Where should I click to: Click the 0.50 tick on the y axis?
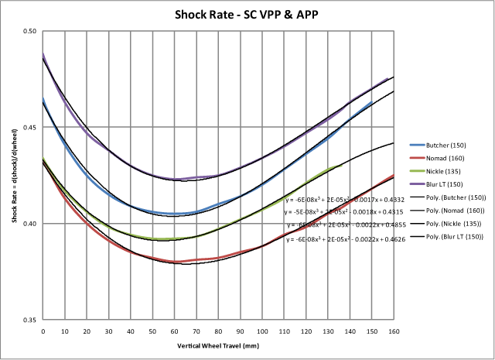coord(29,31)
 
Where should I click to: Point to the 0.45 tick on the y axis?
coord(29,127)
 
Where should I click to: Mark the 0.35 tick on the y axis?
coord(29,319)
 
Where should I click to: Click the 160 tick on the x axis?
coord(394,331)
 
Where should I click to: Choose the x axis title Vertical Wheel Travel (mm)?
coord(218,344)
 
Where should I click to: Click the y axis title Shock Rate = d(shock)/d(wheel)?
coord(14,175)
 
